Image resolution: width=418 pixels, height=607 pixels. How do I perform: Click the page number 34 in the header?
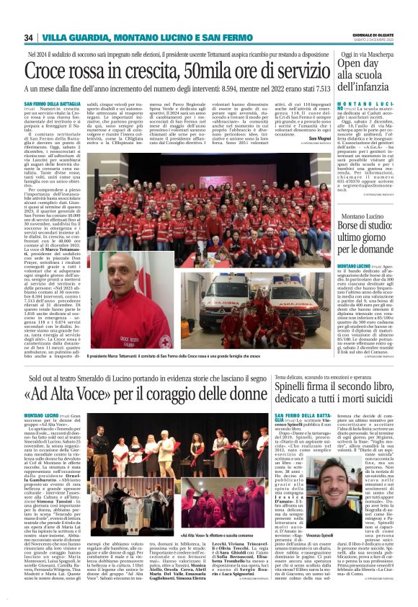[30, 37]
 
